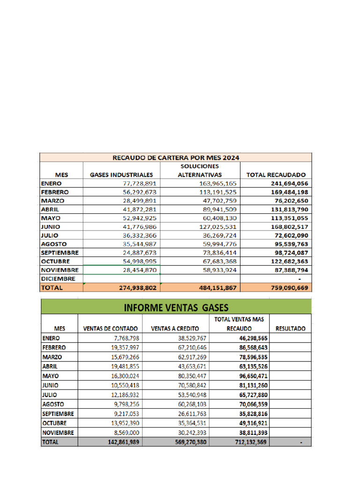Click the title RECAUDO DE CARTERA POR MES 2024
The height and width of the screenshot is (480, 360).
(175, 157)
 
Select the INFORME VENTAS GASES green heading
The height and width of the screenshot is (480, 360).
(176, 307)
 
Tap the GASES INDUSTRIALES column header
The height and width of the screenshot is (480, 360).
(121, 175)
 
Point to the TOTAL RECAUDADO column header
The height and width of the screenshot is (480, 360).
(276, 175)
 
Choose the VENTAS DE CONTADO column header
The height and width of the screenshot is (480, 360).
(110, 329)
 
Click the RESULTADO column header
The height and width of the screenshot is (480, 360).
(290, 329)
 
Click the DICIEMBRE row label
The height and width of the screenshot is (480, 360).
(58, 279)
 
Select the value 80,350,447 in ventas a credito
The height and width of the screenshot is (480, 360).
(186, 375)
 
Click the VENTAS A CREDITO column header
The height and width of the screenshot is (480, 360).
(175, 329)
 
